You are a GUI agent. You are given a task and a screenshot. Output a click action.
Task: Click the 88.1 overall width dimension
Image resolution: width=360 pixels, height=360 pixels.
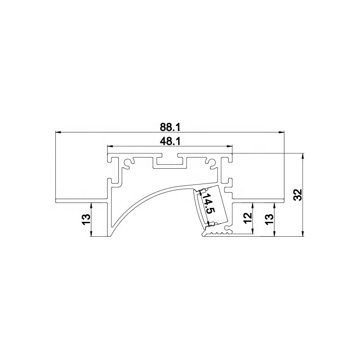170,127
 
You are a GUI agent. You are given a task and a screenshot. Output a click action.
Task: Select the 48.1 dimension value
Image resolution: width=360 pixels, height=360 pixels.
170,141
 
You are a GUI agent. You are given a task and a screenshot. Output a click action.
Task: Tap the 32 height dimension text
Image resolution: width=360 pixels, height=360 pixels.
298,195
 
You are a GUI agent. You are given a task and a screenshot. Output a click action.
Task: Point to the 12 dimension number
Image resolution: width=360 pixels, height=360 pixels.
248,218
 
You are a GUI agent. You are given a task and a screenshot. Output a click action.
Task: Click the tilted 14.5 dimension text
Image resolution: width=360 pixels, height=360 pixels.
208,203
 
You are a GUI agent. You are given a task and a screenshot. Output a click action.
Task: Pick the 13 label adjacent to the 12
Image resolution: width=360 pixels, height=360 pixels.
270,219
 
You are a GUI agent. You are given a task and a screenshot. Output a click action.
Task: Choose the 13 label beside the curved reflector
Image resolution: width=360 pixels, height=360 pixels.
86,219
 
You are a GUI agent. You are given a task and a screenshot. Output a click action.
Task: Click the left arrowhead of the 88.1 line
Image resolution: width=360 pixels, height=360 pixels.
58,132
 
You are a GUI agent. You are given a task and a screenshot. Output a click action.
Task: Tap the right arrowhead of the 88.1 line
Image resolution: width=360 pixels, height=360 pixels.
281,132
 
